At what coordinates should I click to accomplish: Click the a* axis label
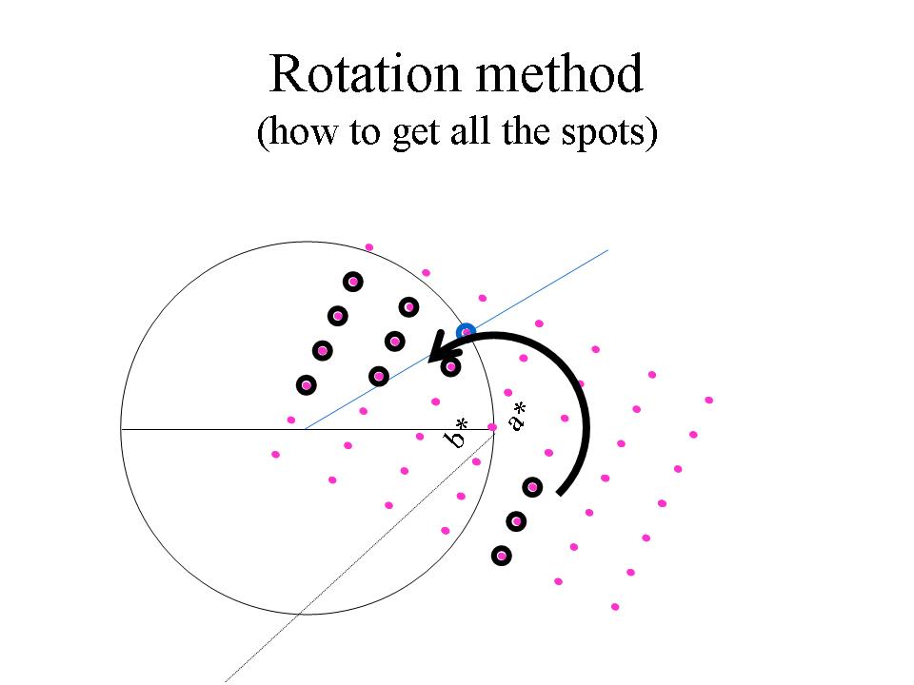(517, 416)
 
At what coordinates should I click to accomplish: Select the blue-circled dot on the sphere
(466, 331)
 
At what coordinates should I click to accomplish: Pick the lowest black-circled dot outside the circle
(501, 555)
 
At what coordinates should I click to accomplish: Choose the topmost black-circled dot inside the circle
(353, 281)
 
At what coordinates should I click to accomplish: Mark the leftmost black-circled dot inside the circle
(306, 385)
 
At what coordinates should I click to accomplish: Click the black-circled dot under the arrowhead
(451, 365)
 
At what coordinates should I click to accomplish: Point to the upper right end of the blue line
(607, 251)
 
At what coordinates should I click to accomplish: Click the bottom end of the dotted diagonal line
(226, 681)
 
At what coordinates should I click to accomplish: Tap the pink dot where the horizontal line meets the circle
(492, 427)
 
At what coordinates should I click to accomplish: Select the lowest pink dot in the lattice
(615, 606)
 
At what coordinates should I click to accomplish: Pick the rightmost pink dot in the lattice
(709, 400)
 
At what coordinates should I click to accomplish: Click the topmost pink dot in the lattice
(369, 247)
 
